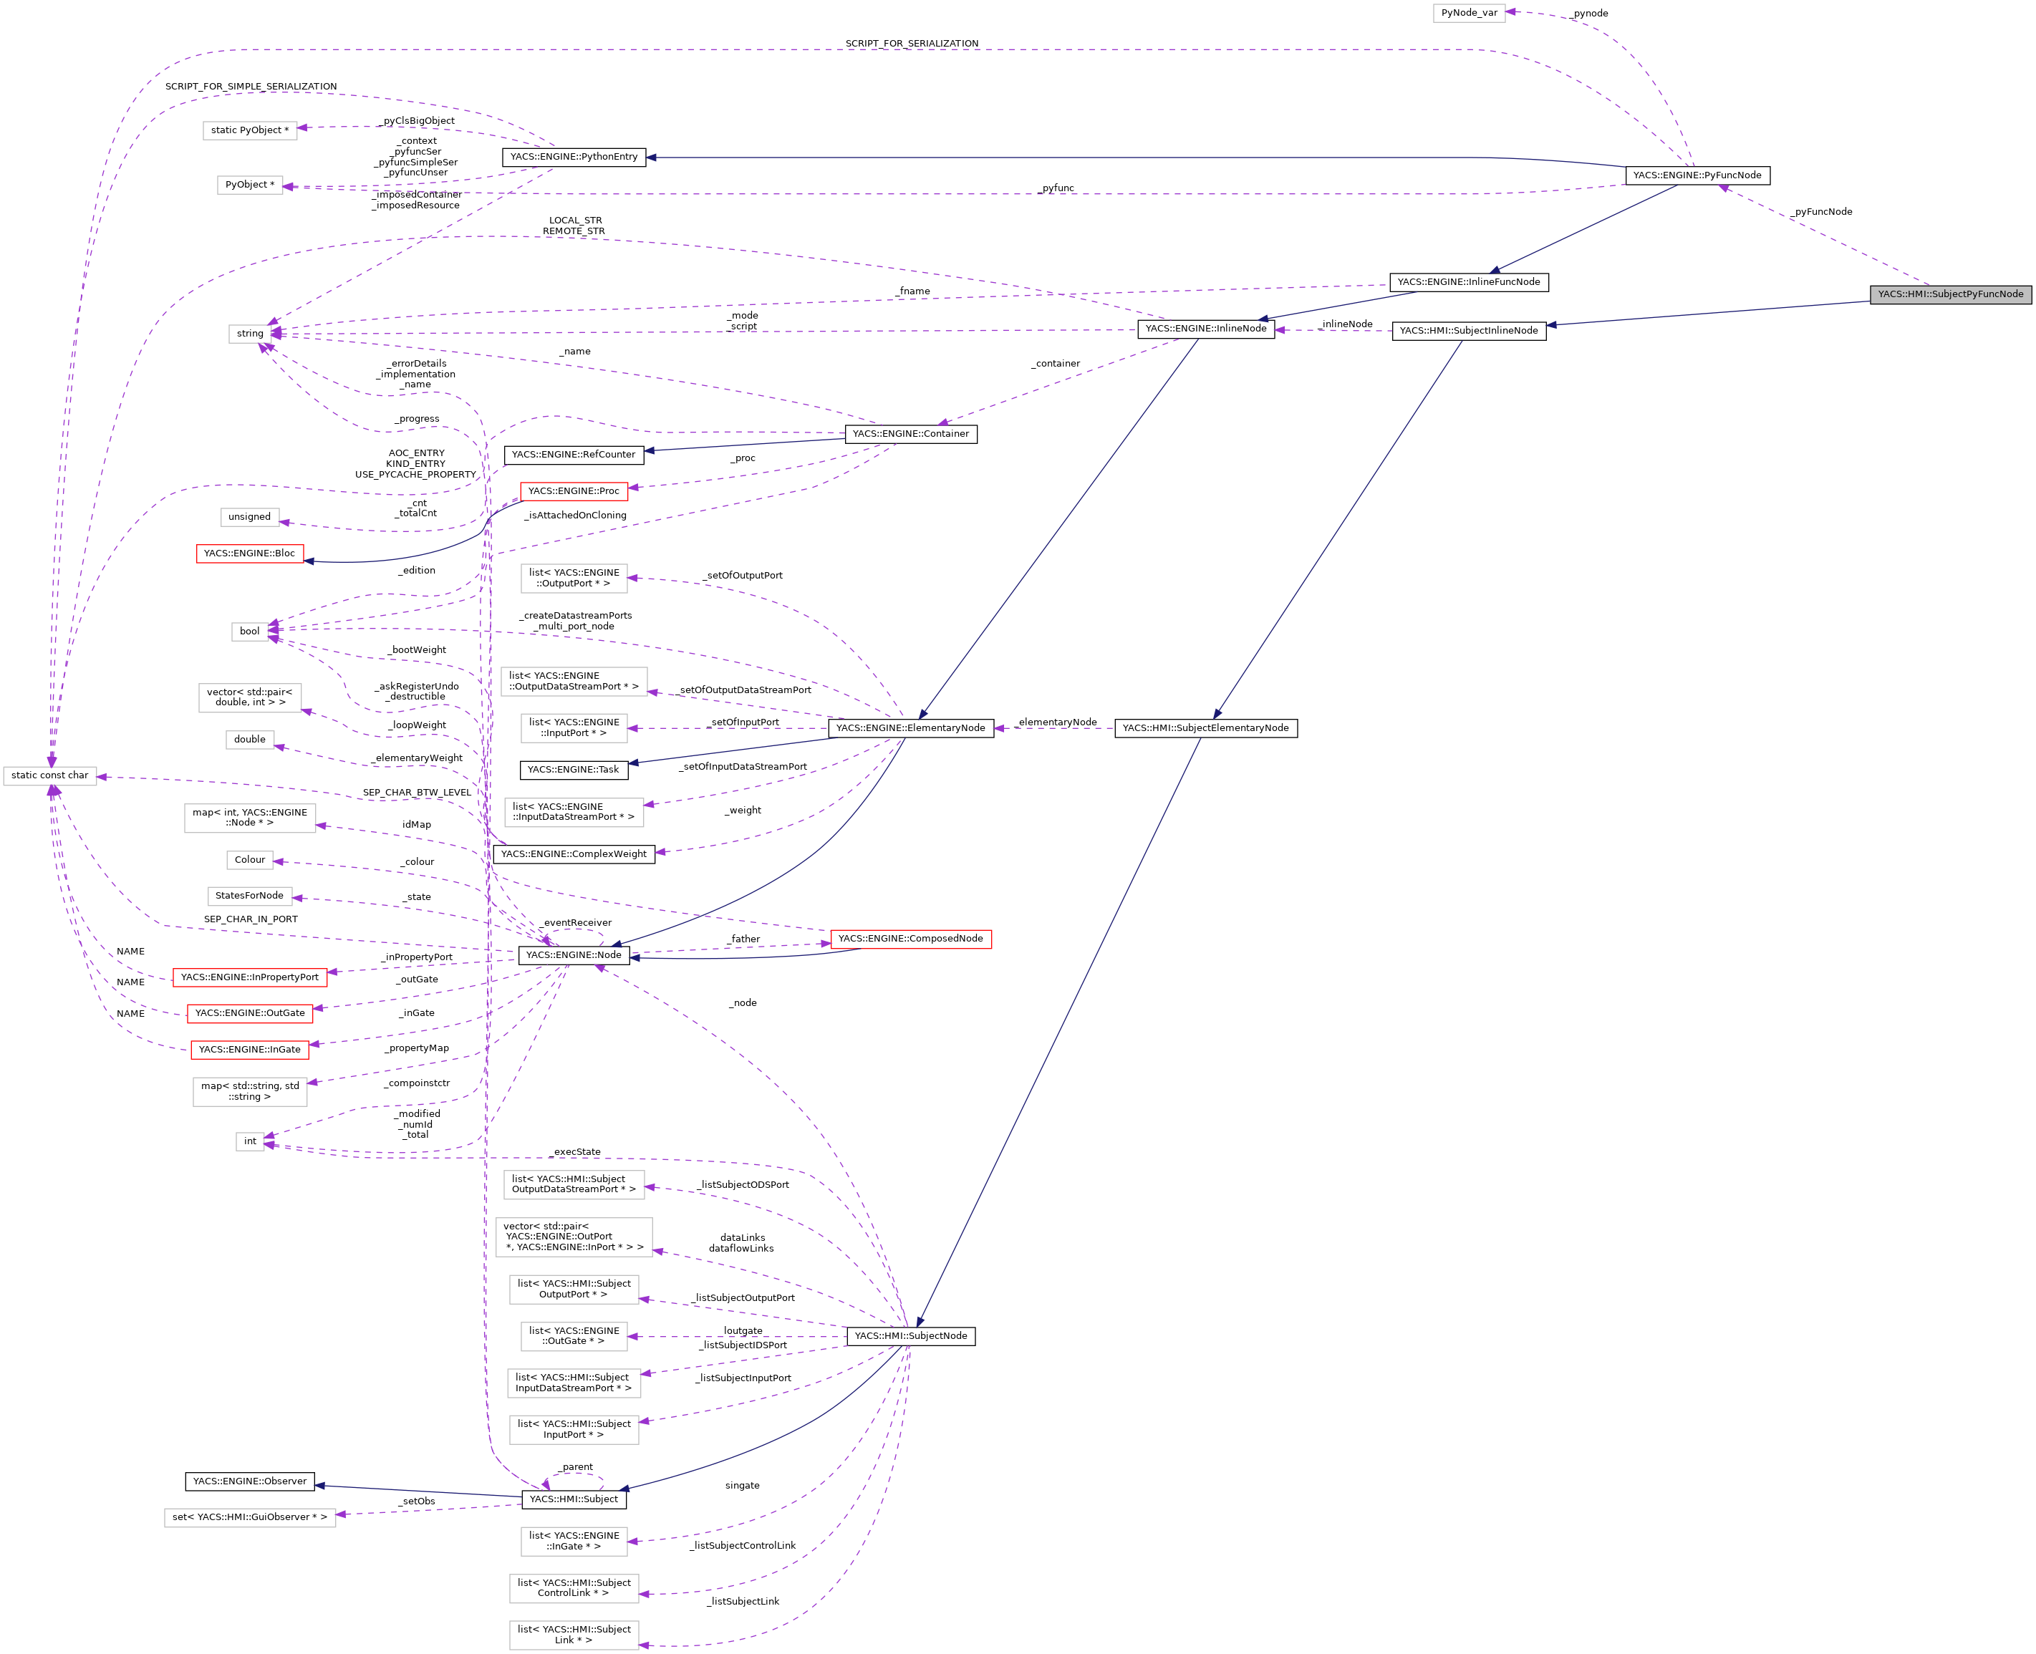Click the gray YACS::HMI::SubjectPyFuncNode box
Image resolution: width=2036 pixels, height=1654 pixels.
(x=1949, y=294)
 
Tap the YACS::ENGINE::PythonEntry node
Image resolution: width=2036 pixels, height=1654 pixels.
(x=574, y=158)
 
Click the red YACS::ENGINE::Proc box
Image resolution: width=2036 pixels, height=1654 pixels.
(x=574, y=492)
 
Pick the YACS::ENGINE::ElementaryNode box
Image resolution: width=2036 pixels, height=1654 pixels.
(x=910, y=728)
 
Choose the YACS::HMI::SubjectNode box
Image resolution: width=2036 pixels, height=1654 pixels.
(x=910, y=1336)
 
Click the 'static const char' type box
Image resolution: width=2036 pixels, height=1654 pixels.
(x=49, y=775)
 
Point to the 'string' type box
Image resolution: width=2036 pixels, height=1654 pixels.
(x=250, y=334)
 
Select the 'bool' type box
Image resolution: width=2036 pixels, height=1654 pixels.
(x=250, y=632)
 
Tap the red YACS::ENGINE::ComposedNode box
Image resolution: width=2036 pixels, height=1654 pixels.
(x=910, y=939)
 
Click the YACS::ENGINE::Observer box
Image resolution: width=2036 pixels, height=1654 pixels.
(x=250, y=1481)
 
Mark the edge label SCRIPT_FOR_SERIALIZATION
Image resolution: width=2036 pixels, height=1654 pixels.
(x=911, y=44)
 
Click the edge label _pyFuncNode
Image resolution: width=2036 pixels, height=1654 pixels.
(x=1820, y=211)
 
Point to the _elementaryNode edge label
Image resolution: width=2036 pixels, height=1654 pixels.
(x=1056, y=722)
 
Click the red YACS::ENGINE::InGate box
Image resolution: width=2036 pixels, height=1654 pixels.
(x=250, y=1050)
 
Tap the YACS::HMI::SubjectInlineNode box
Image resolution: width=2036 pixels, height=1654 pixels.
(x=1468, y=331)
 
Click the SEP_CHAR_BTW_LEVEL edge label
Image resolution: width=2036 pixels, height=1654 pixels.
(x=416, y=793)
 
